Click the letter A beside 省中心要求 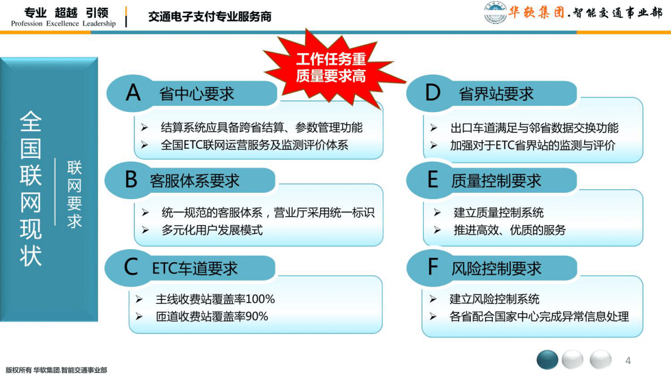[133, 92]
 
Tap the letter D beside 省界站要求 [432, 92]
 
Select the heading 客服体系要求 [195, 180]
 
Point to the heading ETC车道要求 [195, 268]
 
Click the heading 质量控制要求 [496, 180]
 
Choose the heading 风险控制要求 [496, 268]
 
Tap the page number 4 [628, 360]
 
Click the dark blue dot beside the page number [547, 360]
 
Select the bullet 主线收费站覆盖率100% [215, 299]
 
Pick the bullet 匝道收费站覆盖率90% [211, 316]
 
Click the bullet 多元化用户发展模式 [211, 230]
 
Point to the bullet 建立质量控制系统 [498, 213]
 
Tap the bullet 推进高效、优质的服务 [509, 230]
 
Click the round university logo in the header [495, 14]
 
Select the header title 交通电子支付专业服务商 [210, 17]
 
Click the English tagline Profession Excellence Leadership [63, 24]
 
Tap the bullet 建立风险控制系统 [494, 299]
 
